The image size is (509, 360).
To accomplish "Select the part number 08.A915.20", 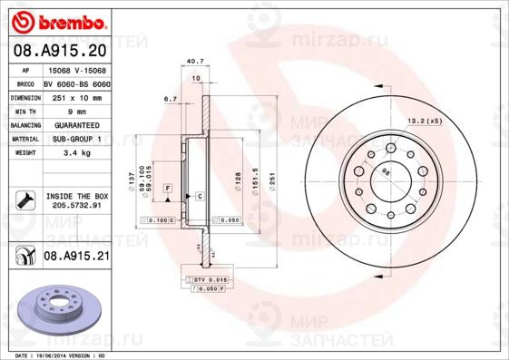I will [x=61, y=52].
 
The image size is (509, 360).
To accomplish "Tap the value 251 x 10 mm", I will [x=75, y=95].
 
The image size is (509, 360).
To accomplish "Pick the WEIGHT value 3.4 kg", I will [x=75, y=153].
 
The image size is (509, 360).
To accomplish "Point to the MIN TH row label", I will [x=25, y=110].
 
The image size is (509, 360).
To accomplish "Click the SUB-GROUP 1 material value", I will [x=75, y=139].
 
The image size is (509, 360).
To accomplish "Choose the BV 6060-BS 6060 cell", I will [x=76, y=82].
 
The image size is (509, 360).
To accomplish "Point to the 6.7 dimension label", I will [x=170, y=98].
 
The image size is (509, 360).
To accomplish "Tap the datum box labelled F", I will [x=168, y=186].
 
